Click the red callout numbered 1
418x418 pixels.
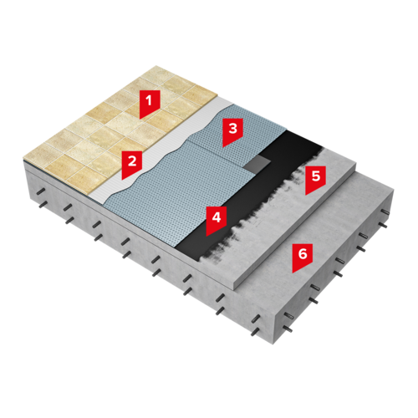pos(150,104)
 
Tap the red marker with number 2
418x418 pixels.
pos(132,164)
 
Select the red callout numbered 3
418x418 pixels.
pos(232,131)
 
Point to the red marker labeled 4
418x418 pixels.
pos(217,220)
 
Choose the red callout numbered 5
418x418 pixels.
pos(315,179)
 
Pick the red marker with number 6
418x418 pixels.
pos(303,257)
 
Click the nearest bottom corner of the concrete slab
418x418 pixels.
pos(273,344)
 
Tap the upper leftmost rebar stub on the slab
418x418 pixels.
pos(41,191)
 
